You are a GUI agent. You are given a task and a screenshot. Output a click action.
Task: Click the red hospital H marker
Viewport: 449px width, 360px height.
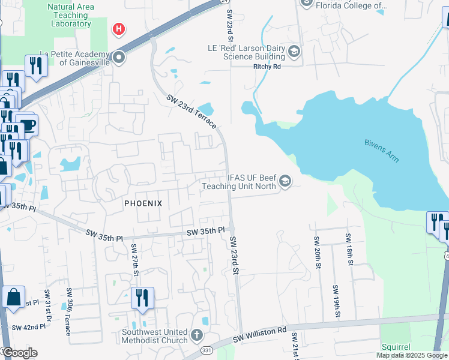pyautogui.click(x=119, y=28)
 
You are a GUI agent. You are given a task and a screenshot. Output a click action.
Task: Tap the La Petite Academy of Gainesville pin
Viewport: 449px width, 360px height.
pyautogui.click(x=119, y=58)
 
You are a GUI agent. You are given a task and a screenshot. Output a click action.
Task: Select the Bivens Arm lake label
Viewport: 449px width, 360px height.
pyautogui.click(x=382, y=151)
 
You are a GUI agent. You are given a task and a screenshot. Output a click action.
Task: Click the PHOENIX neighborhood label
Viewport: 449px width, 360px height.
pyautogui.click(x=143, y=203)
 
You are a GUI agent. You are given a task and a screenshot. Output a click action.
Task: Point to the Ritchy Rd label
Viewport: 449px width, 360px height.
pyautogui.click(x=267, y=67)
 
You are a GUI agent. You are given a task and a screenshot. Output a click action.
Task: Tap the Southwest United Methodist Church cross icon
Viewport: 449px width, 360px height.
pyautogui.click(x=197, y=334)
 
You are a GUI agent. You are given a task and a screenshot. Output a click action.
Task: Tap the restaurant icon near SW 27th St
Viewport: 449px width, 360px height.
pyautogui.click(x=142, y=298)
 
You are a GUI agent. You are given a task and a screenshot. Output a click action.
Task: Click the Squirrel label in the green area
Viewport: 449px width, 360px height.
pyautogui.click(x=396, y=347)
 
